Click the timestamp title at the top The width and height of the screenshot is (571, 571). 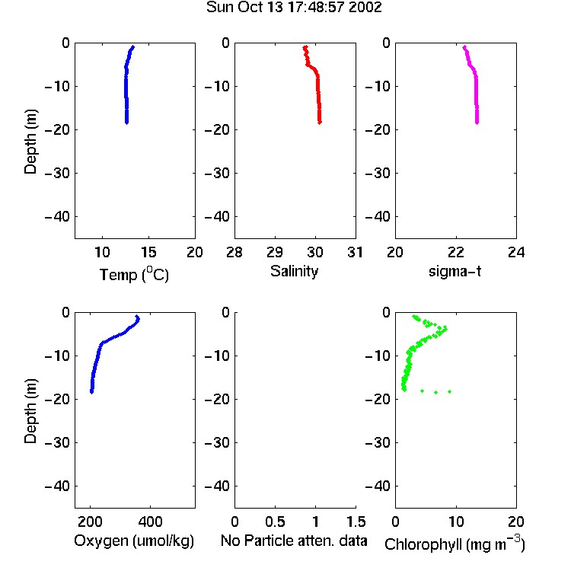pos(294,7)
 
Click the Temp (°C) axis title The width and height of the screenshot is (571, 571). pos(134,274)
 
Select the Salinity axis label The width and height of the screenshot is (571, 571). pos(294,271)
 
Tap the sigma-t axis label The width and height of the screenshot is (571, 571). pos(455,271)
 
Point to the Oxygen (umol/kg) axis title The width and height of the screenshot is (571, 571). pos(134,541)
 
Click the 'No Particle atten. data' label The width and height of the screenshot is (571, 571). pos(294,541)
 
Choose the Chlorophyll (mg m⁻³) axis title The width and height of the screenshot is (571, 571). pos(455,544)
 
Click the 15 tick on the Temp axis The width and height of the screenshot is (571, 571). pos(148,252)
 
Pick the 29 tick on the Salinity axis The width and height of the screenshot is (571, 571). pos(275,252)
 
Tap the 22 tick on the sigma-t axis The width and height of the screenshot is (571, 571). pos(456,252)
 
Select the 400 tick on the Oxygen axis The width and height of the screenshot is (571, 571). pos(151,522)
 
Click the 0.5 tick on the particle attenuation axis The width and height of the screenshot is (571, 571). pos(275,522)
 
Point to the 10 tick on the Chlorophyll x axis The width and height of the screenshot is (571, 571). pos(456,522)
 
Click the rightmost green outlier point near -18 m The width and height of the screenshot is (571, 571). pos(450,391)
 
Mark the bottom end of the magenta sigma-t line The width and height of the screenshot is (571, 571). pos(477,123)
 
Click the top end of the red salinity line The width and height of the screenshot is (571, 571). pos(305,47)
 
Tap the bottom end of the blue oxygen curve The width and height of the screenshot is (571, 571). pos(92,392)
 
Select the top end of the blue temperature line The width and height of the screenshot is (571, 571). pos(133,47)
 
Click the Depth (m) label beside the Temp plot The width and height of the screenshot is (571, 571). pos(30,142)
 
